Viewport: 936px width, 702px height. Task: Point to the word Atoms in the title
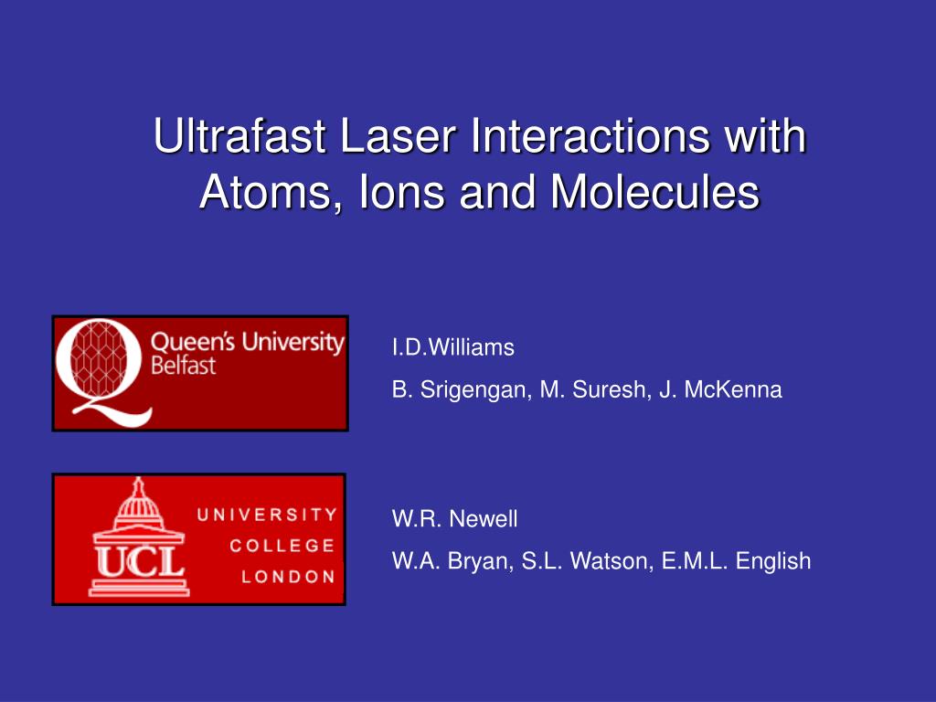[x=264, y=192]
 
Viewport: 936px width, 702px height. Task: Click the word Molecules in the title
[x=654, y=192]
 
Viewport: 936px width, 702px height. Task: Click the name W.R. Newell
[x=455, y=519]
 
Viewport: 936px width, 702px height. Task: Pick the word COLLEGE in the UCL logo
[x=282, y=546]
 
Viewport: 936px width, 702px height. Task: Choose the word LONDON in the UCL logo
[x=288, y=577]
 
